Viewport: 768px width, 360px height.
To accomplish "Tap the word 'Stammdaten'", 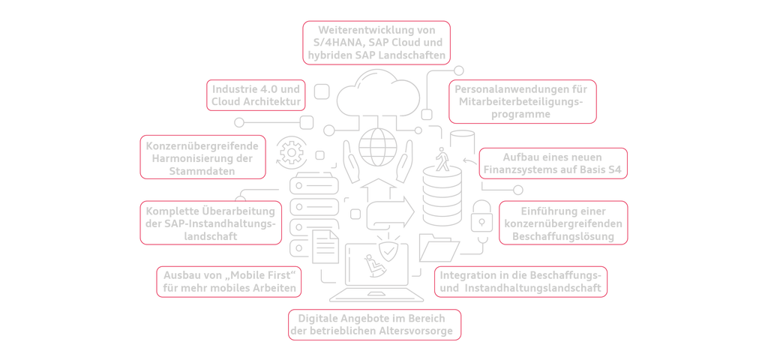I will (204, 171).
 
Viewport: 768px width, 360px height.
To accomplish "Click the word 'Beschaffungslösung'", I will (563, 236).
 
